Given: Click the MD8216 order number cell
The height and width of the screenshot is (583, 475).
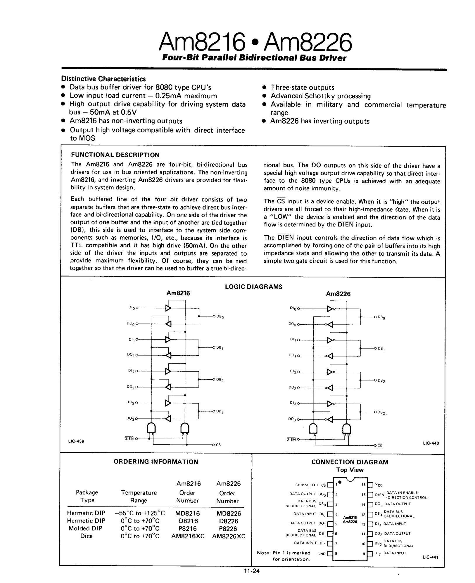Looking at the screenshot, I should [187, 513].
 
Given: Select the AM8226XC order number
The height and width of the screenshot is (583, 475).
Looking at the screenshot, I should [229, 536].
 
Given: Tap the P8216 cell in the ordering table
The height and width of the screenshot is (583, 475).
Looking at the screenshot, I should [187, 528].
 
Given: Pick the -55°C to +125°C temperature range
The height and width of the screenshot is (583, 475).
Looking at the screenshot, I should [140, 513].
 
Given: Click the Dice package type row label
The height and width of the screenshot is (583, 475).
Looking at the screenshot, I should [86, 536].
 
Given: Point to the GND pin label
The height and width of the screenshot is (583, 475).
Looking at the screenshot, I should [321, 553].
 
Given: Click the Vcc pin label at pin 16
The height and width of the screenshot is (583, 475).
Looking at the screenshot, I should [379, 485].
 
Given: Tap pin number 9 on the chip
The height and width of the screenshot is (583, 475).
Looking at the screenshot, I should [364, 553].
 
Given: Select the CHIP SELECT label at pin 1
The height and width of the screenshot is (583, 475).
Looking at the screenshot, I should [307, 485].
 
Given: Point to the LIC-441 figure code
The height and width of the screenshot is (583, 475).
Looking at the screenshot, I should [430, 557].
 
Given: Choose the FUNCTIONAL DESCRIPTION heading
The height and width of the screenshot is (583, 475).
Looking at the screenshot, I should [115, 155].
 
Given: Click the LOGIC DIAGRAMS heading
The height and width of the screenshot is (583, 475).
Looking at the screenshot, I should [253, 287].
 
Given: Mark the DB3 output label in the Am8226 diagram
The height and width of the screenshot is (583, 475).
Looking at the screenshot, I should [381, 412].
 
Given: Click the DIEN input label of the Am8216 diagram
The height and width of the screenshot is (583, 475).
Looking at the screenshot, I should [129, 438].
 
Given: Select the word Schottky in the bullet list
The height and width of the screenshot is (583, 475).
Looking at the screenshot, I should [320, 96].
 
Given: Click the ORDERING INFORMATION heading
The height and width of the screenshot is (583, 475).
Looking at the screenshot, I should [156, 462].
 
